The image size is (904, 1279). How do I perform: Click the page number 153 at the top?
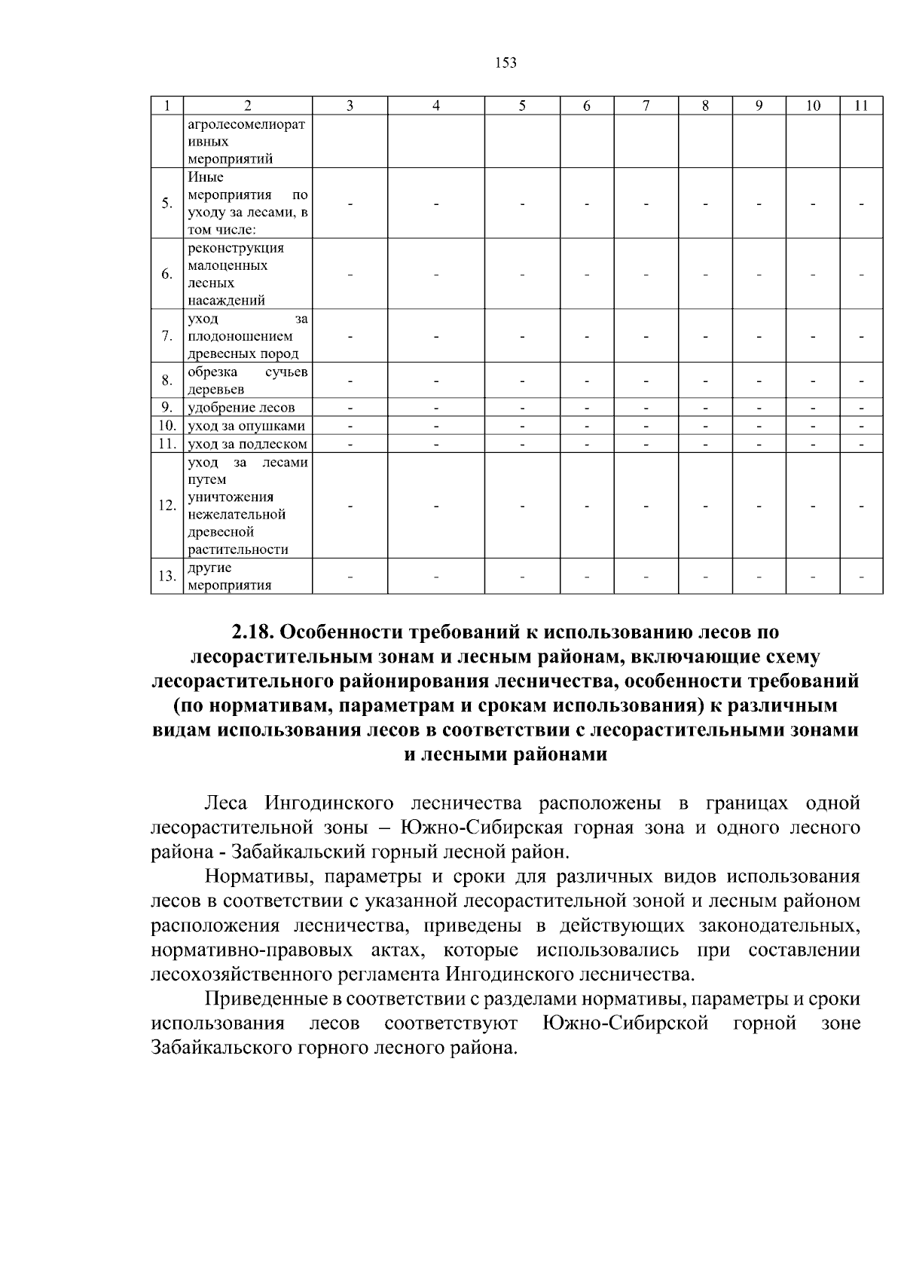[x=506, y=63]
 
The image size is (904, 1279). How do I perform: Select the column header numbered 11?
[x=861, y=107]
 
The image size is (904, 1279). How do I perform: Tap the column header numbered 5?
[x=522, y=107]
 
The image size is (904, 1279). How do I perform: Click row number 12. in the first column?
[x=166, y=505]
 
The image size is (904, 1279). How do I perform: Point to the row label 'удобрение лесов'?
[x=241, y=408]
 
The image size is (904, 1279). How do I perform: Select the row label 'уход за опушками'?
[x=246, y=427]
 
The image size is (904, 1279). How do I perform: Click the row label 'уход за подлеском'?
[x=248, y=444]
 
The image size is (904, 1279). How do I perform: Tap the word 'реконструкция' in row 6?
[x=236, y=248]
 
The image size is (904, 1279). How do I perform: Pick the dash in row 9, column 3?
[x=350, y=408]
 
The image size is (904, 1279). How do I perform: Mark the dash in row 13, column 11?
[x=861, y=577]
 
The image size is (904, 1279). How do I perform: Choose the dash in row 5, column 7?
[x=646, y=203]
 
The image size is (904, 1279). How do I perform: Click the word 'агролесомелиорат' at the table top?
[x=246, y=124]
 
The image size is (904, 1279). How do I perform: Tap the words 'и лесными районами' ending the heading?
[x=505, y=754]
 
